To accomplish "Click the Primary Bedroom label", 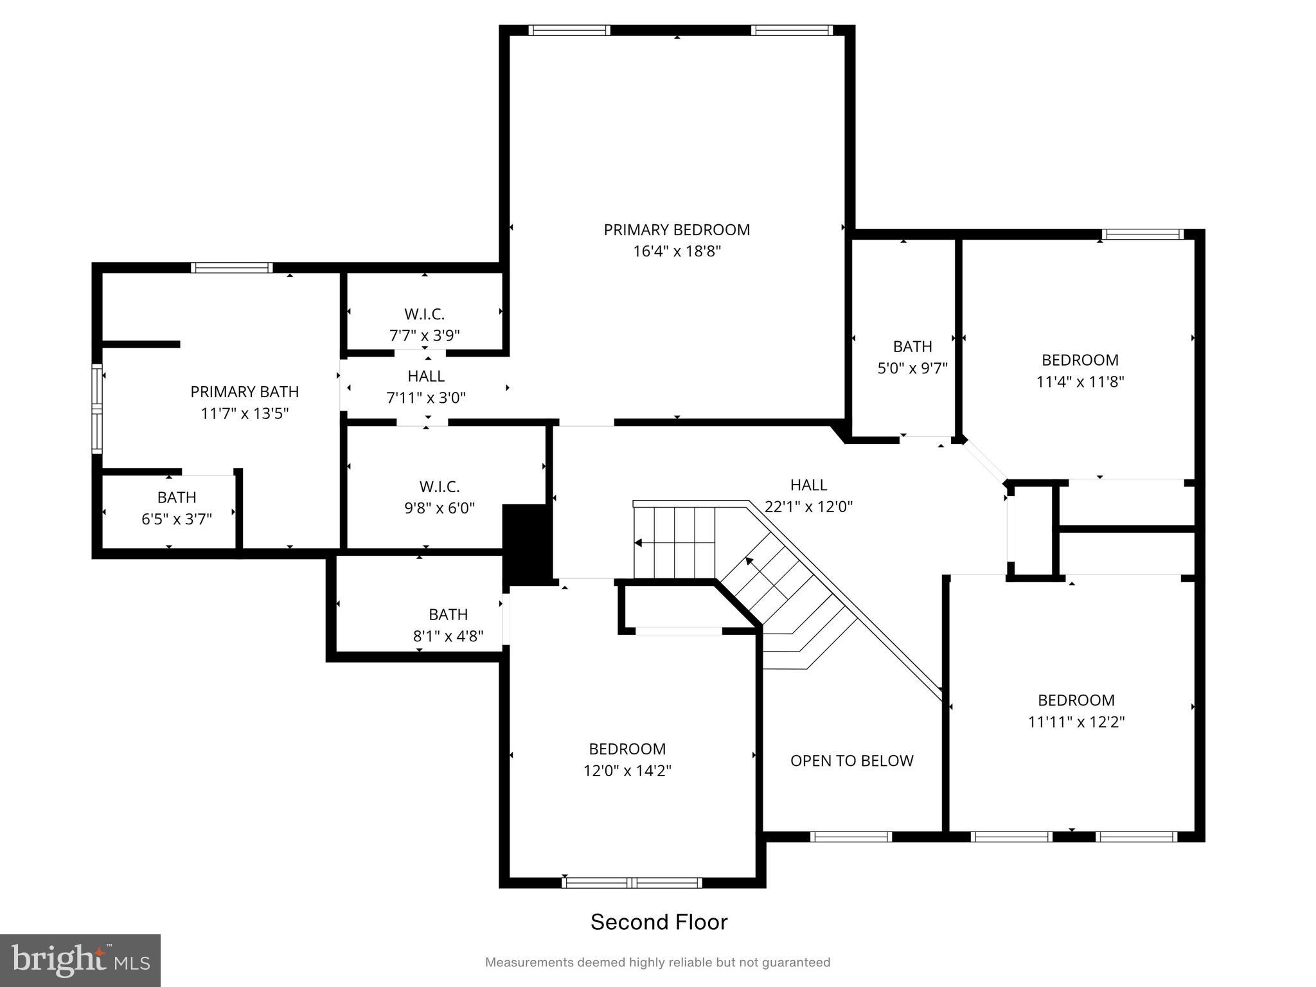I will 677,229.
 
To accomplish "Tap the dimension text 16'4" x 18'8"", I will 677,251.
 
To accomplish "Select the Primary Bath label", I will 244,391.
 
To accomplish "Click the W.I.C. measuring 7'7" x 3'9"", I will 424,324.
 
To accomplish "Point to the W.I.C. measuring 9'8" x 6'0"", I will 439,497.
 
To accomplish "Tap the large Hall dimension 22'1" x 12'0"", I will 808,506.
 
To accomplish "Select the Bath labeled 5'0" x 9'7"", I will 912,357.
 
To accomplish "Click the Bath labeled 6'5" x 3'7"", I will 177,508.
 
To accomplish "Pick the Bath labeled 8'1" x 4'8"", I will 448,625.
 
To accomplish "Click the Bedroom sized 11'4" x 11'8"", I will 1080,370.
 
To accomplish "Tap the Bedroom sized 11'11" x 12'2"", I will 1076,711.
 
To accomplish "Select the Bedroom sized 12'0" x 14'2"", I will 627,759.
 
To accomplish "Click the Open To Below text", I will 851,761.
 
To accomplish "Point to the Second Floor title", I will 659,922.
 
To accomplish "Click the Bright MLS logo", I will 80,961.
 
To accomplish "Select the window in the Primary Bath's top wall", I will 232,268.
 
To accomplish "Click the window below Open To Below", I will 851,837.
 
